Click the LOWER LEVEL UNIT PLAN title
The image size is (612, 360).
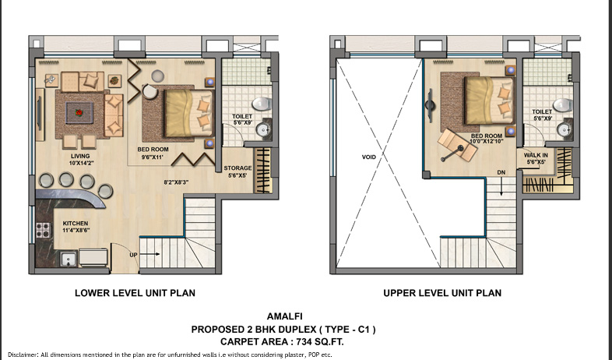(x=134, y=294)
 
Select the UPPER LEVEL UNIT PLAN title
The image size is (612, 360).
(x=441, y=294)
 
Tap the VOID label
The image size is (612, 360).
(x=368, y=157)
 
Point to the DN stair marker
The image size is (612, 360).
(x=501, y=171)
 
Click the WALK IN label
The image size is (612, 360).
(x=536, y=154)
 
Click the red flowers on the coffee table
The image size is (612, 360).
(x=79, y=113)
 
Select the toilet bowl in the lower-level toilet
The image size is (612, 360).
(x=261, y=103)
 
